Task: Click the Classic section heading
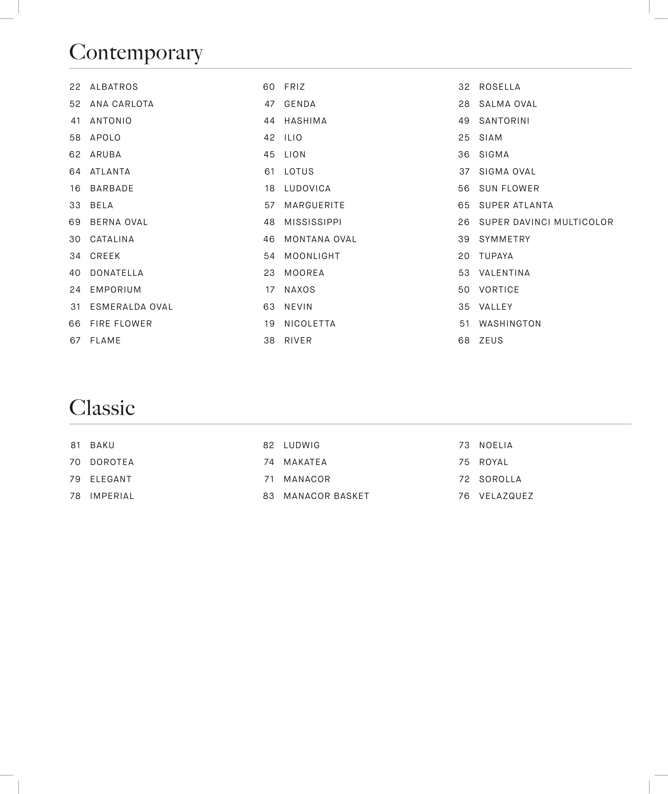(x=102, y=408)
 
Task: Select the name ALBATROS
(x=114, y=87)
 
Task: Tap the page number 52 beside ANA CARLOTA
(x=75, y=104)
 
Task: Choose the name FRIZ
(x=295, y=87)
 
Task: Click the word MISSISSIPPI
(x=313, y=222)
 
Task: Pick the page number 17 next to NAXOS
(x=270, y=290)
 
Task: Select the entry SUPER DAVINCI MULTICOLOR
(x=546, y=222)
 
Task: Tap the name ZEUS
(x=491, y=341)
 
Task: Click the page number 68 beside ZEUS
(x=464, y=341)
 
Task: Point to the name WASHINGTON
(x=510, y=324)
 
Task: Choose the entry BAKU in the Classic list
(x=102, y=445)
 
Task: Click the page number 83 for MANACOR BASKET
(x=268, y=496)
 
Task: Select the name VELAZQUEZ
(x=506, y=496)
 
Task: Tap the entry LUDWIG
(x=302, y=445)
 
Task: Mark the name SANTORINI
(x=504, y=121)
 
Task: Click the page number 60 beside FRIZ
(x=269, y=87)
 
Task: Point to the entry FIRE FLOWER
(x=121, y=324)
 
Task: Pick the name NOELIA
(x=496, y=445)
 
